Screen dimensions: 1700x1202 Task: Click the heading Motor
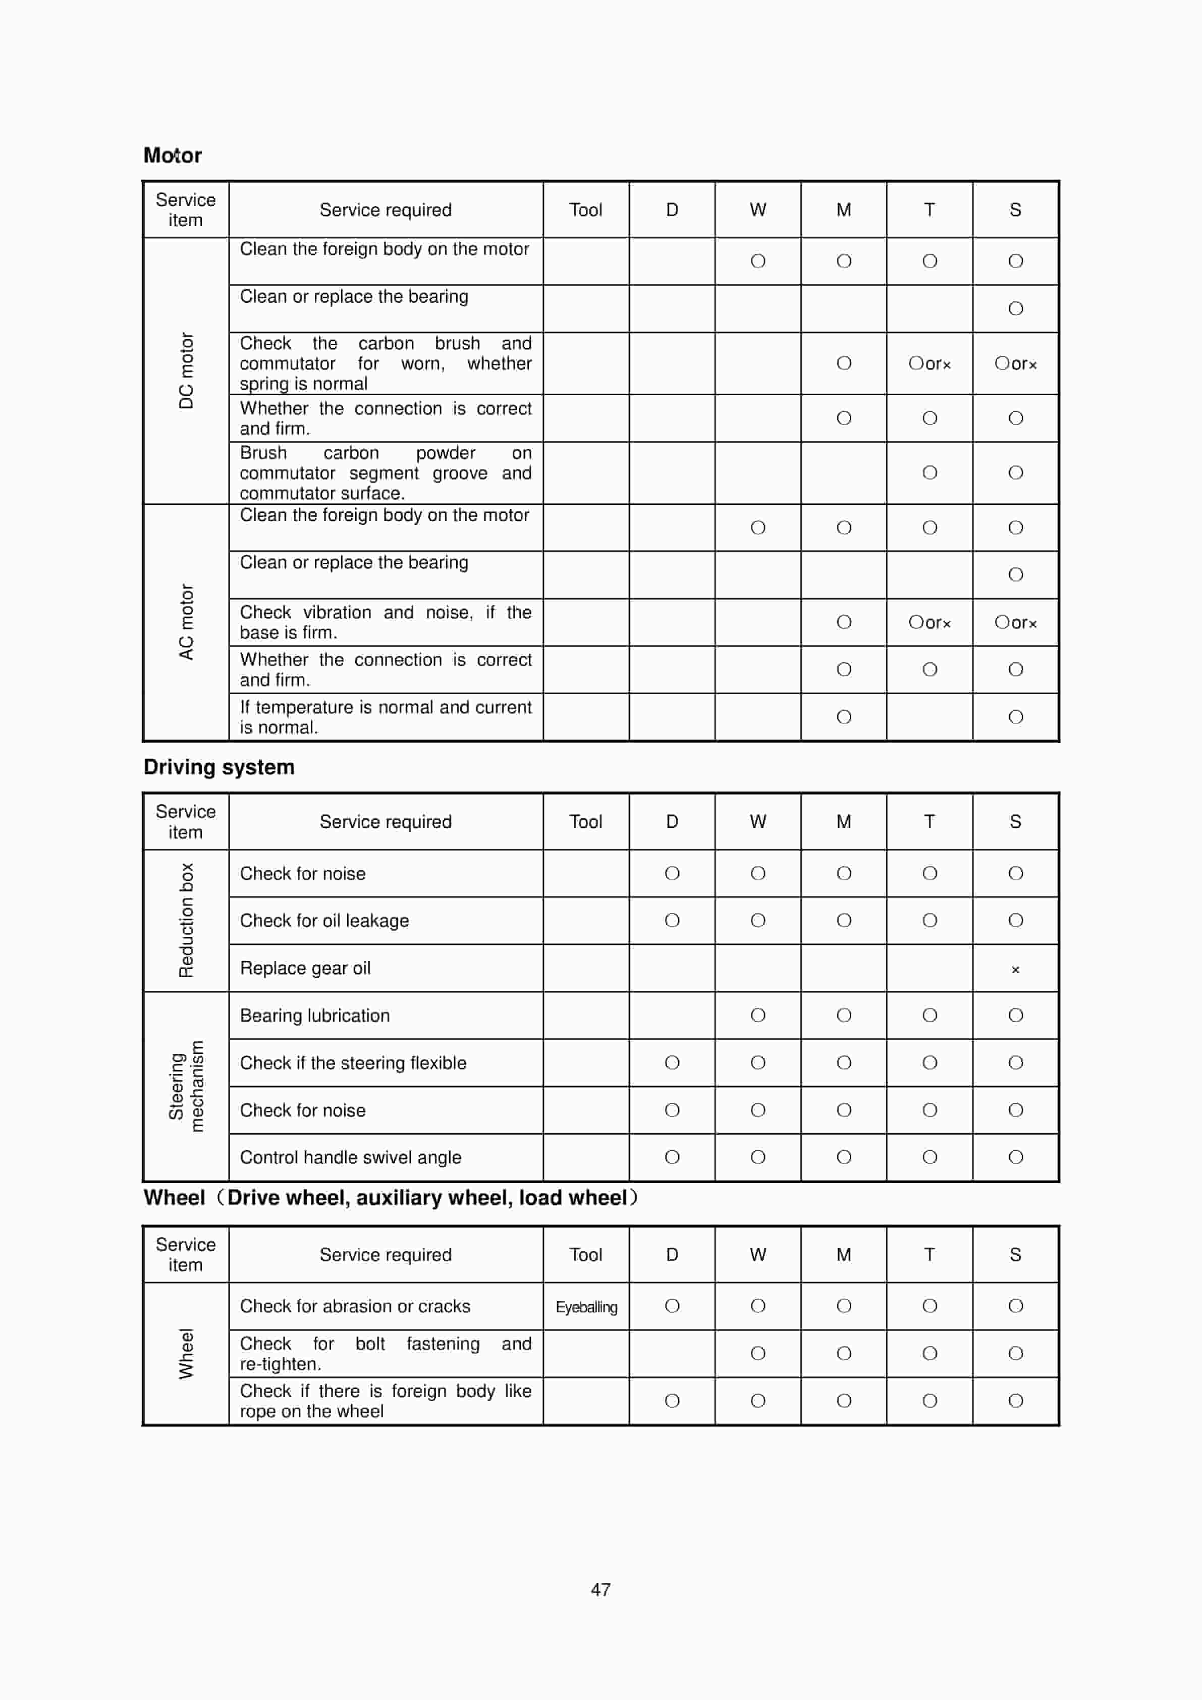coord(173,155)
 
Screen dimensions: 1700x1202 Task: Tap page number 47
coord(600,1589)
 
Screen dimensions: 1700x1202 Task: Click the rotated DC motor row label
coord(186,370)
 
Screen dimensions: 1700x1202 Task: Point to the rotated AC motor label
coord(186,622)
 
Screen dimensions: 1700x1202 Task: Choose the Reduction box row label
coord(186,920)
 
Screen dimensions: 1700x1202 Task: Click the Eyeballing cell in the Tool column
coord(586,1307)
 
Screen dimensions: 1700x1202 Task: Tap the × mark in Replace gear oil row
coord(1015,969)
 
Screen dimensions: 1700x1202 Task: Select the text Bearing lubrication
coord(314,1015)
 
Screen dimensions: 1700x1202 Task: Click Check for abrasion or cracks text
coord(355,1306)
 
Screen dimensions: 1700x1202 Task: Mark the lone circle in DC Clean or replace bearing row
coord(1015,308)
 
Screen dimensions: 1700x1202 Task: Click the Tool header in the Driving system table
coord(585,821)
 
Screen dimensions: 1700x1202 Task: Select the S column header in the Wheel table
coord(1015,1254)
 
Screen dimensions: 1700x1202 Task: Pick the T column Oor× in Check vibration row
coord(929,622)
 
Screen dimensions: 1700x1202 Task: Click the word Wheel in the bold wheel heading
coord(174,1197)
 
